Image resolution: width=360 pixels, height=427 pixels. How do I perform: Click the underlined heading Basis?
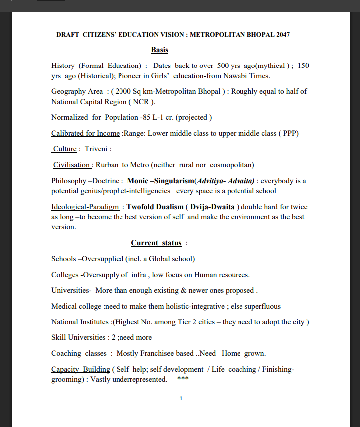[x=159, y=50]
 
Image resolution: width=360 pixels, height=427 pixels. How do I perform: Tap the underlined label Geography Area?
[x=78, y=91]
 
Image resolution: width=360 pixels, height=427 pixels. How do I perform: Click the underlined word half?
[x=292, y=91]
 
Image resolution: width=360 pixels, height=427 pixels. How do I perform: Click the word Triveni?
[x=97, y=149]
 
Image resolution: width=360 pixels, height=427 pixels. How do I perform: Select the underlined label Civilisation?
[x=72, y=165]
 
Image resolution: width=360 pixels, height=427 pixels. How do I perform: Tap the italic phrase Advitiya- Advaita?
[x=227, y=181]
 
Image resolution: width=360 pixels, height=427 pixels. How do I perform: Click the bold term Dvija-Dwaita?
[x=212, y=207]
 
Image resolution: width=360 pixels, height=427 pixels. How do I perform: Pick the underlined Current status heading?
[x=156, y=243]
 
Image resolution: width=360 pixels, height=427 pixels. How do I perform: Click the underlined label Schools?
[x=64, y=259]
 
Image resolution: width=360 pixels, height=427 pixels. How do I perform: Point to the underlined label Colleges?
[x=65, y=275]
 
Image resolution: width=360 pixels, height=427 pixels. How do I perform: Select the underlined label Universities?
[x=70, y=290]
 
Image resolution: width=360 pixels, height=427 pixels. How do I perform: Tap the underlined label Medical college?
[x=77, y=306]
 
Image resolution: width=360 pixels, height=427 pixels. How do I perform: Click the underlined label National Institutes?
[x=80, y=322]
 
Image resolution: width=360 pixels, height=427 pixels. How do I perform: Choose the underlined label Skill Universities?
[x=78, y=337]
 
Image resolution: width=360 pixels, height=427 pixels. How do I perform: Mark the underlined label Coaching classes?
[x=79, y=353]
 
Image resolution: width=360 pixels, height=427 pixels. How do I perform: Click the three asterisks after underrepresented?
[x=182, y=379]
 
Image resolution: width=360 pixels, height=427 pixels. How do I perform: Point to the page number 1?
[x=181, y=399]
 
